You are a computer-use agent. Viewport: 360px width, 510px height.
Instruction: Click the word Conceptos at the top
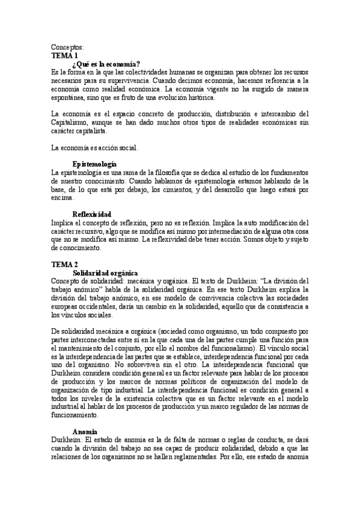[67, 47]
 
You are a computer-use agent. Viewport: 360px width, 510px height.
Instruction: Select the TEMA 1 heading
[64, 55]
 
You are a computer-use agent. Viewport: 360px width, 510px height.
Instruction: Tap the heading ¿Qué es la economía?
[106, 63]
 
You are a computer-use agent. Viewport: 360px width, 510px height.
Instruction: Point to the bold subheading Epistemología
[94, 164]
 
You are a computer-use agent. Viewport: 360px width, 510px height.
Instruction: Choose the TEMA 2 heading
[64, 264]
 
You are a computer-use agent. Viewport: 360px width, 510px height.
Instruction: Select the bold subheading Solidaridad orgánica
[105, 272]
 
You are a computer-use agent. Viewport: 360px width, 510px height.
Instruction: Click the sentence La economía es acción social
[95, 147]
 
